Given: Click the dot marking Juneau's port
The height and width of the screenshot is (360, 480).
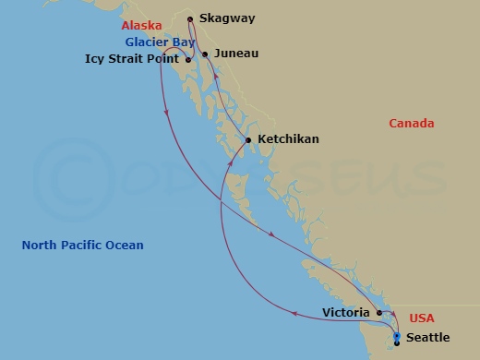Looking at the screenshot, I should click(205, 54).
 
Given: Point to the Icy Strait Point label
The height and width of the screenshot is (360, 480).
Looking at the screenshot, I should click(133, 59).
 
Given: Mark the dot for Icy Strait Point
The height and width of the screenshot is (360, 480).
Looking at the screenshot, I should click(188, 60).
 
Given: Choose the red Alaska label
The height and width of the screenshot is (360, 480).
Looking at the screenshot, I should click(141, 26).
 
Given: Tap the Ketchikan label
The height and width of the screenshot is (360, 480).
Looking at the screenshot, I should click(288, 139).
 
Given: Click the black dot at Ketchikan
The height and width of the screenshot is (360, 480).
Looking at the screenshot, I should click(247, 140).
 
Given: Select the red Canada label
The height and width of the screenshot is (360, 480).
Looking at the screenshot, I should click(411, 124).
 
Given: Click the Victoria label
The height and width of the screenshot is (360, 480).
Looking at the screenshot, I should click(348, 313).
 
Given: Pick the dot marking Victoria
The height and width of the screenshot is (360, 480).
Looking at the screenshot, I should click(379, 313).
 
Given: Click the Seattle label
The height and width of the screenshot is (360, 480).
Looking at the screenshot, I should click(427, 338).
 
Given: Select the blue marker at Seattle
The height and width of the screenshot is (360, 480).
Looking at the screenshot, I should click(397, 338).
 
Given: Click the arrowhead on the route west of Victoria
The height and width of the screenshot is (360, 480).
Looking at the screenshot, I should click(294, 314).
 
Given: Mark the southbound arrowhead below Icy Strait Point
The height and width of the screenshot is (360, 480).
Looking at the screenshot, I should click(166, 113).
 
